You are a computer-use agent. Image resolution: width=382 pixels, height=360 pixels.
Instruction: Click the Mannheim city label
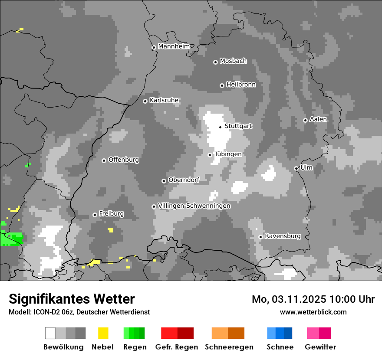pyautogui.click(x=174, y=46)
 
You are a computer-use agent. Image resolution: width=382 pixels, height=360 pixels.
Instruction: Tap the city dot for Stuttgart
pyautogui.click(x=221, y=127)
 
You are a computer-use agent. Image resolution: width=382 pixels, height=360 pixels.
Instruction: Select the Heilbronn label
pyautogui.click(x=241, y=85)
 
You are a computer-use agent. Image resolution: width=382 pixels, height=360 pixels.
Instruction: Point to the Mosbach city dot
pyautogui.click(x=215, y=62)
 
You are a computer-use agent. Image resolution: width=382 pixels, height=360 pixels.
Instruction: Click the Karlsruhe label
pyautogui.click(x=164, y=100)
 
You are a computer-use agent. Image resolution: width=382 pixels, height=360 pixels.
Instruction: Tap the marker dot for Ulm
pyautogui.click(x=296, y=168)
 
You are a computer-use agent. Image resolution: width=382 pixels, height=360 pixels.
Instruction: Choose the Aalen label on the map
pyautogui.click(x=318, y=119)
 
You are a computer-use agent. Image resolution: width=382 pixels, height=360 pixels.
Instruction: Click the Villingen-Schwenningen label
pyautogui.click(x=194, y=206)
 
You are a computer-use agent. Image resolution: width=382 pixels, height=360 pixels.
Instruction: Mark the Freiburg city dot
pyautogui.click(x=95, y=215)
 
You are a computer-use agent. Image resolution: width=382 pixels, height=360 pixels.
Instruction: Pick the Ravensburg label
pyautogui.click(x=283, y=236)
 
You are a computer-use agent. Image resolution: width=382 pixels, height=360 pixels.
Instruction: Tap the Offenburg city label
pyautogui.click(x=124, y=160)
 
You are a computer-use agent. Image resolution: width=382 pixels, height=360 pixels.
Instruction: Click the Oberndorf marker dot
pyautogui.click(x=164, y=181)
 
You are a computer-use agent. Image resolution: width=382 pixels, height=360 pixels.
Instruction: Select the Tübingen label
pyautogui.click(x=228, y=154)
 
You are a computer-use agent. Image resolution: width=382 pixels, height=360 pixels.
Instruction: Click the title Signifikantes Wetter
pyautogui.click(x=72, y=299)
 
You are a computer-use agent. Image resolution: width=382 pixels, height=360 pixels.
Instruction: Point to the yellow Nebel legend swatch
pyautogui.click(x=103, y=333)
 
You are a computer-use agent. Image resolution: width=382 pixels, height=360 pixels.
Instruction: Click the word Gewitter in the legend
pyautogui.click(x=320, y=347)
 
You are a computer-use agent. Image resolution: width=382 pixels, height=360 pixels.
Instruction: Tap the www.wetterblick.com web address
pyautogui.click(x=313, y=312)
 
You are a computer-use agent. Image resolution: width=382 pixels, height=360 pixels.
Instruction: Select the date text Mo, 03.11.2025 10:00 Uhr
pyautogui.click(x=313, y=299)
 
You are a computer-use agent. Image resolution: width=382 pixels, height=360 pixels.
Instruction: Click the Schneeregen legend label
pyautogui.click(x=229, y=347)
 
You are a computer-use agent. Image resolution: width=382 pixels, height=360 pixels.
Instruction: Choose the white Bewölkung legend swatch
pyautogui.click(x=50, y=333)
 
